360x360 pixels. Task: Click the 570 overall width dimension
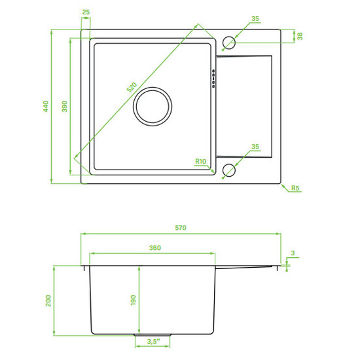181,228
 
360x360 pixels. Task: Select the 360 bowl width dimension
155,247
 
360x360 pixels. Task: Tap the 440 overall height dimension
46,106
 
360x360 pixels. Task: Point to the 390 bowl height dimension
65,106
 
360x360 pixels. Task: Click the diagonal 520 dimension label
132,88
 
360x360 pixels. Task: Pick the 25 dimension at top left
86,12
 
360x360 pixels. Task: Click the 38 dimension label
300,36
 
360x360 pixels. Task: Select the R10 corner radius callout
201,162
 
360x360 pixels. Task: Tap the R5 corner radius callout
295,188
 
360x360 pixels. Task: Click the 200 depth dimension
48,301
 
